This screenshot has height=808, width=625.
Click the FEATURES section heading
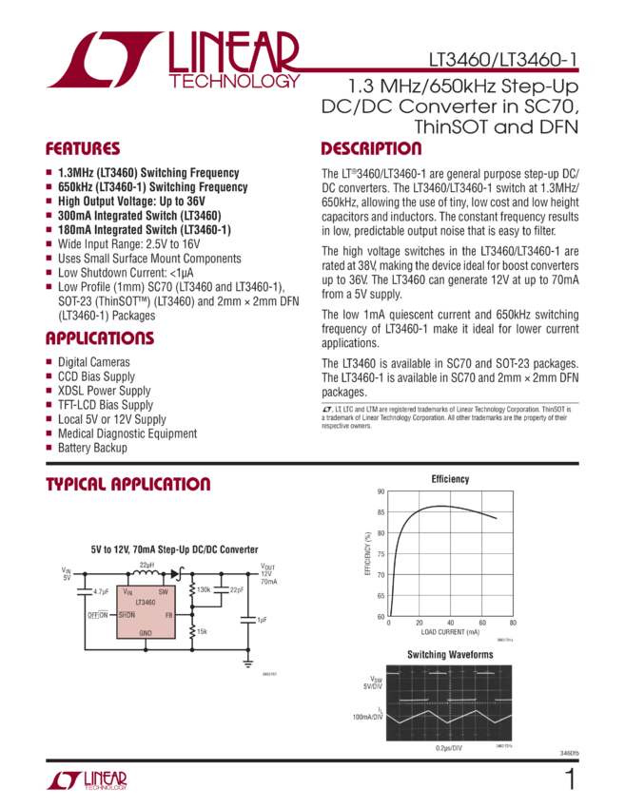84,149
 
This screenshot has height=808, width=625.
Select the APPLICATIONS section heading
100,338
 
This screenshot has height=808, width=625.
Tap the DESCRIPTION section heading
371,149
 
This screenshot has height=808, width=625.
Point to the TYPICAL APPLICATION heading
128,485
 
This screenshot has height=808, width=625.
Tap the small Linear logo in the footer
86,780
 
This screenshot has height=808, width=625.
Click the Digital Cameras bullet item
94,362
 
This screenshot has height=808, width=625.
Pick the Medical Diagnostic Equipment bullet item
128,433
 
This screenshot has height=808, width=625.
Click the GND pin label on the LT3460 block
146,632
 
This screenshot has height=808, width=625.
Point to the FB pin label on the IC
167,615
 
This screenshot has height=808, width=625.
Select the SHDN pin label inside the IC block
127,615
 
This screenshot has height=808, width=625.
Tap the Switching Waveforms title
450,654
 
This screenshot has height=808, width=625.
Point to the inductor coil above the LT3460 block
146,572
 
